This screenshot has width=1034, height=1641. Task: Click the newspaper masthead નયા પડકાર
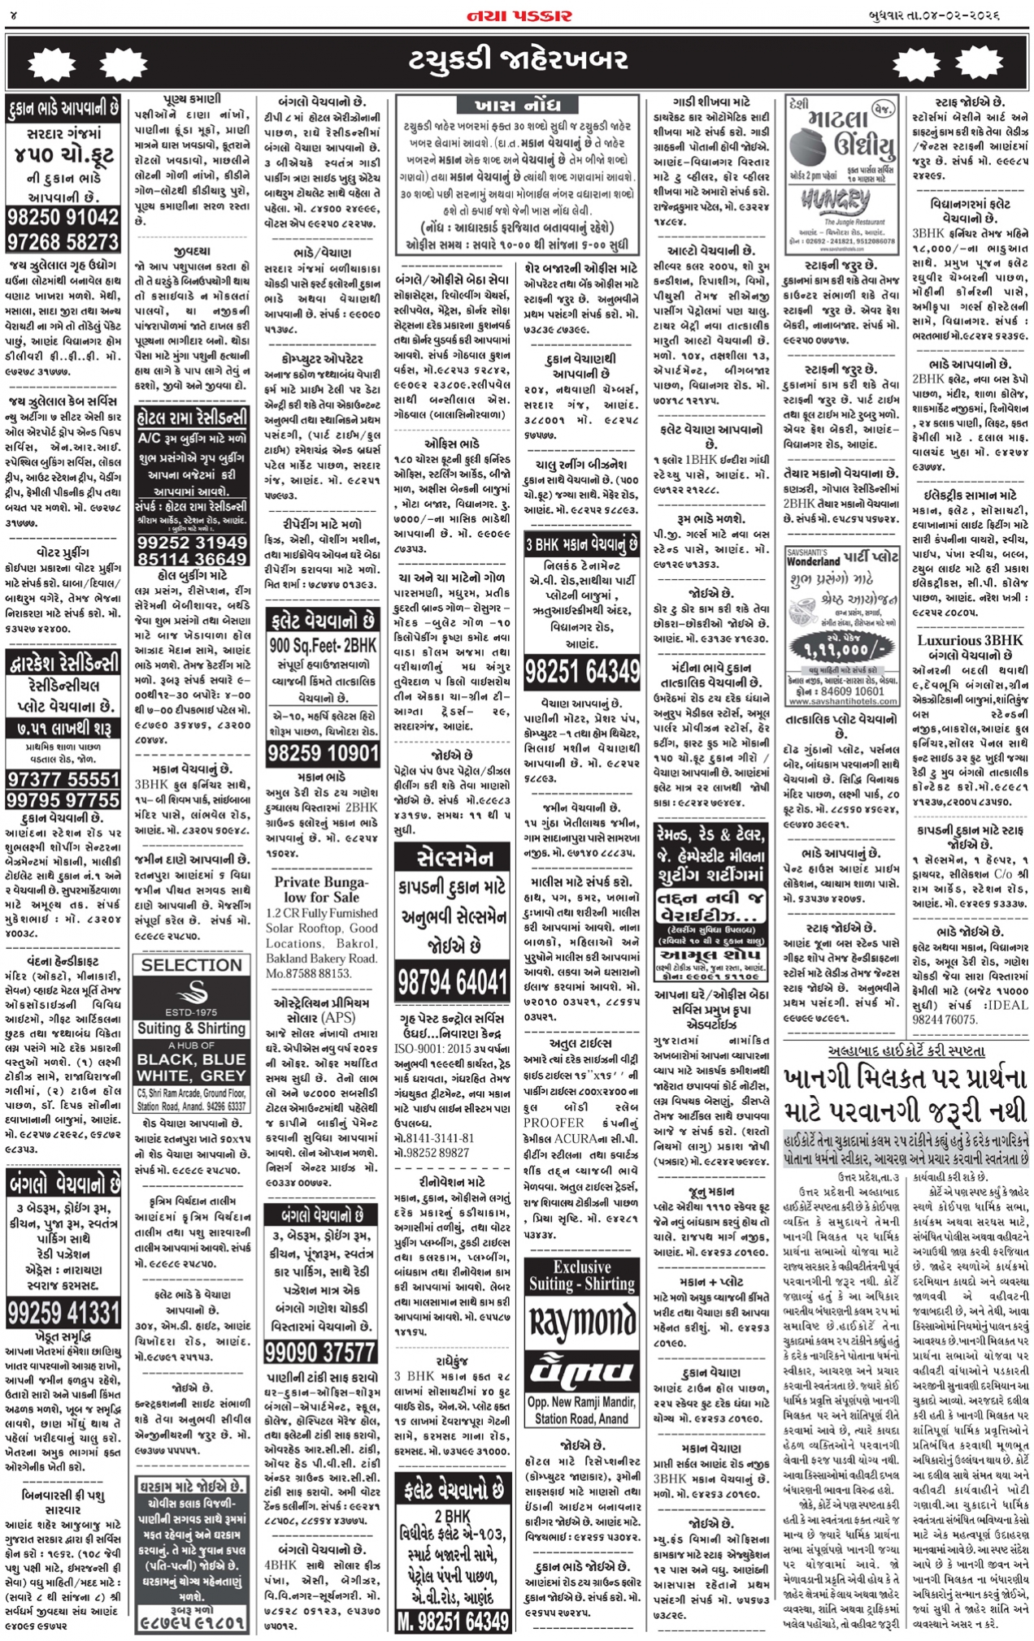pos(518,15)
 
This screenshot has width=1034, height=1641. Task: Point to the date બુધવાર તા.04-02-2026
pos(954,15)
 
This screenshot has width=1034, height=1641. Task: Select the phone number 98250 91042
pos(63,217)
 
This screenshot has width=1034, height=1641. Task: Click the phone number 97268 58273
pos(63,242)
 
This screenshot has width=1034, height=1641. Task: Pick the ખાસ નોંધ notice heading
pos(516,105)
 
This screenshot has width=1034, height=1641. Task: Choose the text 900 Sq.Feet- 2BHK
pos(323,646)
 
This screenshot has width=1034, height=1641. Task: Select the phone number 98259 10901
pos(323,752)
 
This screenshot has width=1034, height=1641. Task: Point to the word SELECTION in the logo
pos(192,965)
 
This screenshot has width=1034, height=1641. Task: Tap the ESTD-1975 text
pos(192,1012)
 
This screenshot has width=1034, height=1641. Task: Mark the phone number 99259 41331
pos(63,1312)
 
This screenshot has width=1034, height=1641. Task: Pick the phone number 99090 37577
pos(323,1352)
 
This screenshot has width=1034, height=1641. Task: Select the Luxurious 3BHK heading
pos(970,639)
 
